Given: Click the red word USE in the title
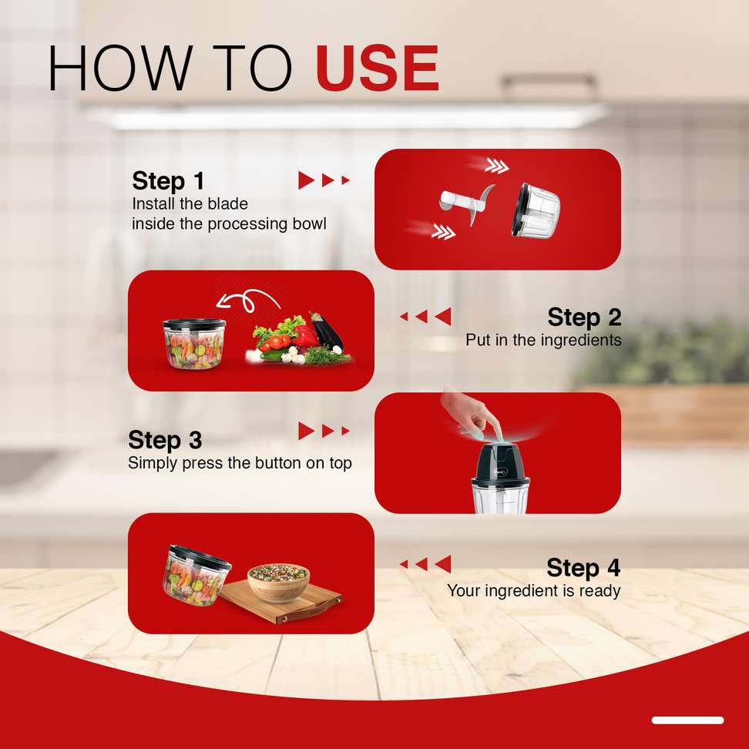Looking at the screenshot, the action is point(377,67).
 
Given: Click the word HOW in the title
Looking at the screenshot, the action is point(120,67).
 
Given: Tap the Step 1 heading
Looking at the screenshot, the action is point(168,181).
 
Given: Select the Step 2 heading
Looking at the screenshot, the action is point(584,317).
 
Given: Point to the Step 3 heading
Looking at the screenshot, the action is point(165,440).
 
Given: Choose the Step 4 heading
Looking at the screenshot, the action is point(583,567).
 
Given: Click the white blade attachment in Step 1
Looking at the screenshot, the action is point(465,203).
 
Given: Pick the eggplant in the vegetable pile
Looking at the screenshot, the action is point(327,331).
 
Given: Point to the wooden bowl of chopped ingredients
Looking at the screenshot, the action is point(278,581).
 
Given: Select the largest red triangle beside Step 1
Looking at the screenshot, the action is point(306,180).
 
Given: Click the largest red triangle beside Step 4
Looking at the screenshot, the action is point(443,563).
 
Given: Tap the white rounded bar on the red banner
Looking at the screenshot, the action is point(687,720).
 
